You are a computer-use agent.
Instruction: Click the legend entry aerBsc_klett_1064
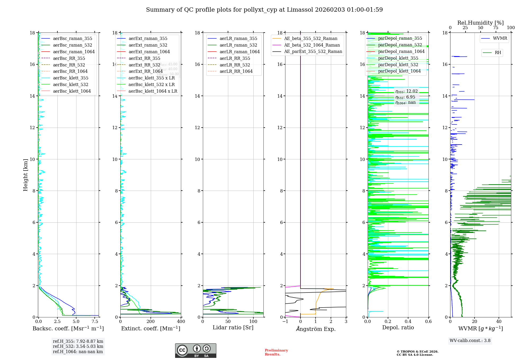[x=72, y=91]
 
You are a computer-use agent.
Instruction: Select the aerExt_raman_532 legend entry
[x=148, y=45]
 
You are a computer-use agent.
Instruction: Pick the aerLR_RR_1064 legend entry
[x=236, y=71]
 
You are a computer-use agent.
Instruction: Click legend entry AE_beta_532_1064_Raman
[x=312, y=45]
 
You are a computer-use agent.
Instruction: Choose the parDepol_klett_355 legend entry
[x=398, y=58]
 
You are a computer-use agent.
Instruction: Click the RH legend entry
[x=498, y=53]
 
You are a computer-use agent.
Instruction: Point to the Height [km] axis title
[x=25, y=175]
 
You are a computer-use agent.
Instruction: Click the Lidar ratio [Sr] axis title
[x=233, y=327]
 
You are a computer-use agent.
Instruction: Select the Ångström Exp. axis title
[x=316, y=329]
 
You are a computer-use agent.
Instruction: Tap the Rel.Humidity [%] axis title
[x=480, y=23]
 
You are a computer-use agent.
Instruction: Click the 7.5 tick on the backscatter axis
[x=95, y=322]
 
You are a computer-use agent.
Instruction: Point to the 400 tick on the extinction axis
[x=181, y=322]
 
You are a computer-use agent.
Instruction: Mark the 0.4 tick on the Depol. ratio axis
[x=408, y=322]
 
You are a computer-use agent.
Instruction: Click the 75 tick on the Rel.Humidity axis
[x=495, y=28]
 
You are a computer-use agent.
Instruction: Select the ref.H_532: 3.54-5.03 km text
[x=78, y=346]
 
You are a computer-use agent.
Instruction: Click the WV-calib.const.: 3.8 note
[x=470, y=340]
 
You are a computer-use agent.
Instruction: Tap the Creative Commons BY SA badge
[x=195, y=350]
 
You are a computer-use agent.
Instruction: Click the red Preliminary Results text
[x=276, y=352]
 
